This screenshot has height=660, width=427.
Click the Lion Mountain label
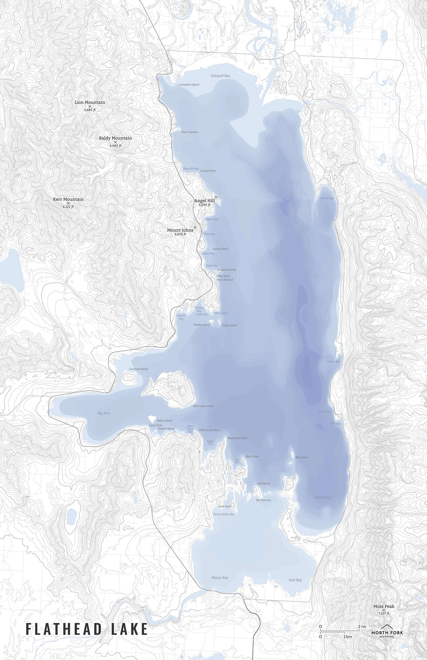(90, 102)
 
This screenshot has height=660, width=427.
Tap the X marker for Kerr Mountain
(68, 203)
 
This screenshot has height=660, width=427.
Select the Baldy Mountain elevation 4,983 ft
(115, 146)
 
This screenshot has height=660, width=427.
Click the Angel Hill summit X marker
(216, 197)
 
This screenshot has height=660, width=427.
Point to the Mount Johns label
(180, 230)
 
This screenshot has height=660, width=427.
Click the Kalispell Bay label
(220, 76)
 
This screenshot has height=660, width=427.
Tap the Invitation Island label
(189, 84)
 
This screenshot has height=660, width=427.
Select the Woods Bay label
(327, 198)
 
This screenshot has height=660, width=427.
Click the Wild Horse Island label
(203, 406)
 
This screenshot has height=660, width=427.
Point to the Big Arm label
(104, 413)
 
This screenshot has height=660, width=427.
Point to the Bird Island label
(302, 457)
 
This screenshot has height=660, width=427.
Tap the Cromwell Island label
(138, 369)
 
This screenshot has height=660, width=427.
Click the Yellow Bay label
(333, 362)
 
